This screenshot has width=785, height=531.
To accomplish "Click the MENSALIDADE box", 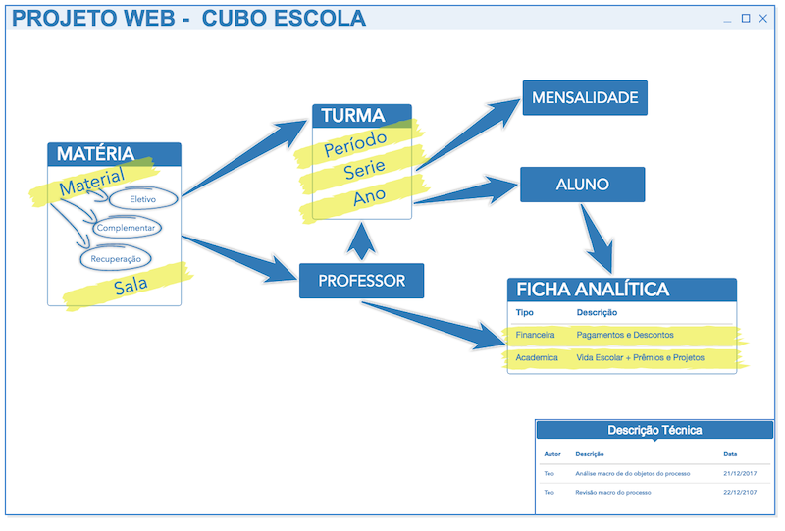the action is tap(585, 98).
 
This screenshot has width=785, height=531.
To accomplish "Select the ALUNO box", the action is tap(582, 185).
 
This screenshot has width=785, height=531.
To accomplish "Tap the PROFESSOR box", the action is tap(361, 281).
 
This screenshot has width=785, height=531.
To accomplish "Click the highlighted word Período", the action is tap(355, 143).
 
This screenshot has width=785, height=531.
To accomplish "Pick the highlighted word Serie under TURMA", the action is tap(364, 170).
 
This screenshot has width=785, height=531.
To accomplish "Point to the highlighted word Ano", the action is tap(370, 196).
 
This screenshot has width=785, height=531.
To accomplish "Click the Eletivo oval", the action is tap(143, 199).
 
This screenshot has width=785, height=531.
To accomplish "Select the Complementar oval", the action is tap(127, 228).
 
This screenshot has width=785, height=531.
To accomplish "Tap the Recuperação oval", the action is tap(116, 258).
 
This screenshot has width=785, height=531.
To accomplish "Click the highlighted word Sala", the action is tap(131, 286).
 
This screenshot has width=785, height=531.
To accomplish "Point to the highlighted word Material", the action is tap(91, 182).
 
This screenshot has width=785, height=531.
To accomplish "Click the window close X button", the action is tap(763, 19).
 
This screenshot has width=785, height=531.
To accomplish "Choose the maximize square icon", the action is tap(746, 18).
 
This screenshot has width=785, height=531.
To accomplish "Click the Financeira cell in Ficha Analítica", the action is tap(535, 335).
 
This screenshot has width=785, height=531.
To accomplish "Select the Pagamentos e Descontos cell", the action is tap(625, 335).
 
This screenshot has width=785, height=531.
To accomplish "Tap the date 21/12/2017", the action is tap(740, 473).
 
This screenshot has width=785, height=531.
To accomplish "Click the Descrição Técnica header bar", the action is tap(654, 430).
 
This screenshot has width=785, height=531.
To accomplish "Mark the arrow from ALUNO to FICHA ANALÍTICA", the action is tap(599, 239).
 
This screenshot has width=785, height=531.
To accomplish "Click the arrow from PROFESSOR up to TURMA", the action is tap(361, 241).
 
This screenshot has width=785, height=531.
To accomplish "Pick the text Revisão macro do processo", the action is tap(612, 493).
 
